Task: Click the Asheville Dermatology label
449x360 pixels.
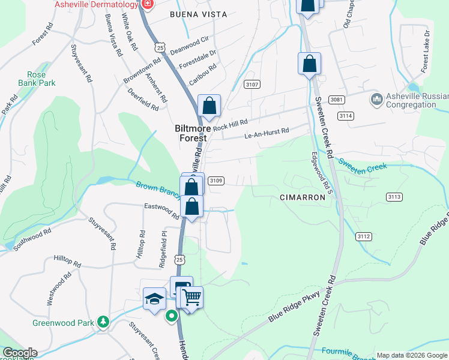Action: [96, 4]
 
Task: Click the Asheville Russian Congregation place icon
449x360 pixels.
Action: [377, 98]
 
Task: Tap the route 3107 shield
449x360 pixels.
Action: [252, 85]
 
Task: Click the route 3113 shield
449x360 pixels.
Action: [394, 197]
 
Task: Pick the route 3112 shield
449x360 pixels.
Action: [363, 236]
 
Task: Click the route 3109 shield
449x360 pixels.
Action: [216, 180]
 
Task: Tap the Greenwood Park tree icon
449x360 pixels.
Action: [104, 322]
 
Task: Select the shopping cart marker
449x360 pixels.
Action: [192, 296]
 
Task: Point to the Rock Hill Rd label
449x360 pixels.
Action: [230, 124]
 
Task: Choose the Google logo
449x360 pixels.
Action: [19, 353]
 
